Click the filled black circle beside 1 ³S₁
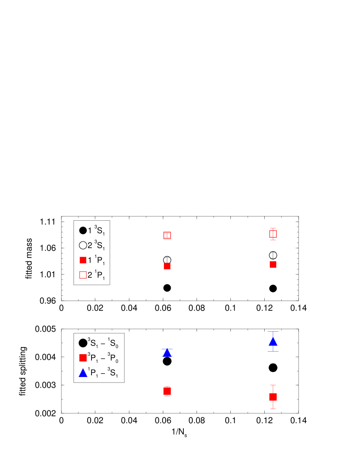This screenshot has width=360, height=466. pos(83,230)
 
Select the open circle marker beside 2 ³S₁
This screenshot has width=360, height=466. pos(83,245)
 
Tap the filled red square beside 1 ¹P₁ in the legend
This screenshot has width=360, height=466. pos(83,260)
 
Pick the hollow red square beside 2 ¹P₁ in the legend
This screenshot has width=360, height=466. pos(83,275)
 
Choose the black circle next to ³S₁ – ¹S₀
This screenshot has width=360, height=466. pos(83,343)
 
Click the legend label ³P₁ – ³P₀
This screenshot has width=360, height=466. pos(103,358)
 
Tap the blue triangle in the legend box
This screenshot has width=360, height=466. pos(83,373)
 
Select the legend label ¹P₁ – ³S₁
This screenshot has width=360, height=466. pos(103,373)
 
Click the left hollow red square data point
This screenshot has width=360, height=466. pos(167,236)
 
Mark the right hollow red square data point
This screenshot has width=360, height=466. pos(273,234)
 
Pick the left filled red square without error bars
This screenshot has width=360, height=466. pos(167,266)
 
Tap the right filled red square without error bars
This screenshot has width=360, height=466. pos(273,264)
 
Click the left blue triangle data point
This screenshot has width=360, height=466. pos(167,352)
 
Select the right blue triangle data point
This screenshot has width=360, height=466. pos(273,341)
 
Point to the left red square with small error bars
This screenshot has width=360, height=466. pos(167,391)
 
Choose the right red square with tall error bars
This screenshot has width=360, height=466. pos(273,397)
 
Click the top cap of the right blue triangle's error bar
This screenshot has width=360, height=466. pos(273,331)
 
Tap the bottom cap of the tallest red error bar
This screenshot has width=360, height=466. pos(273,409)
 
